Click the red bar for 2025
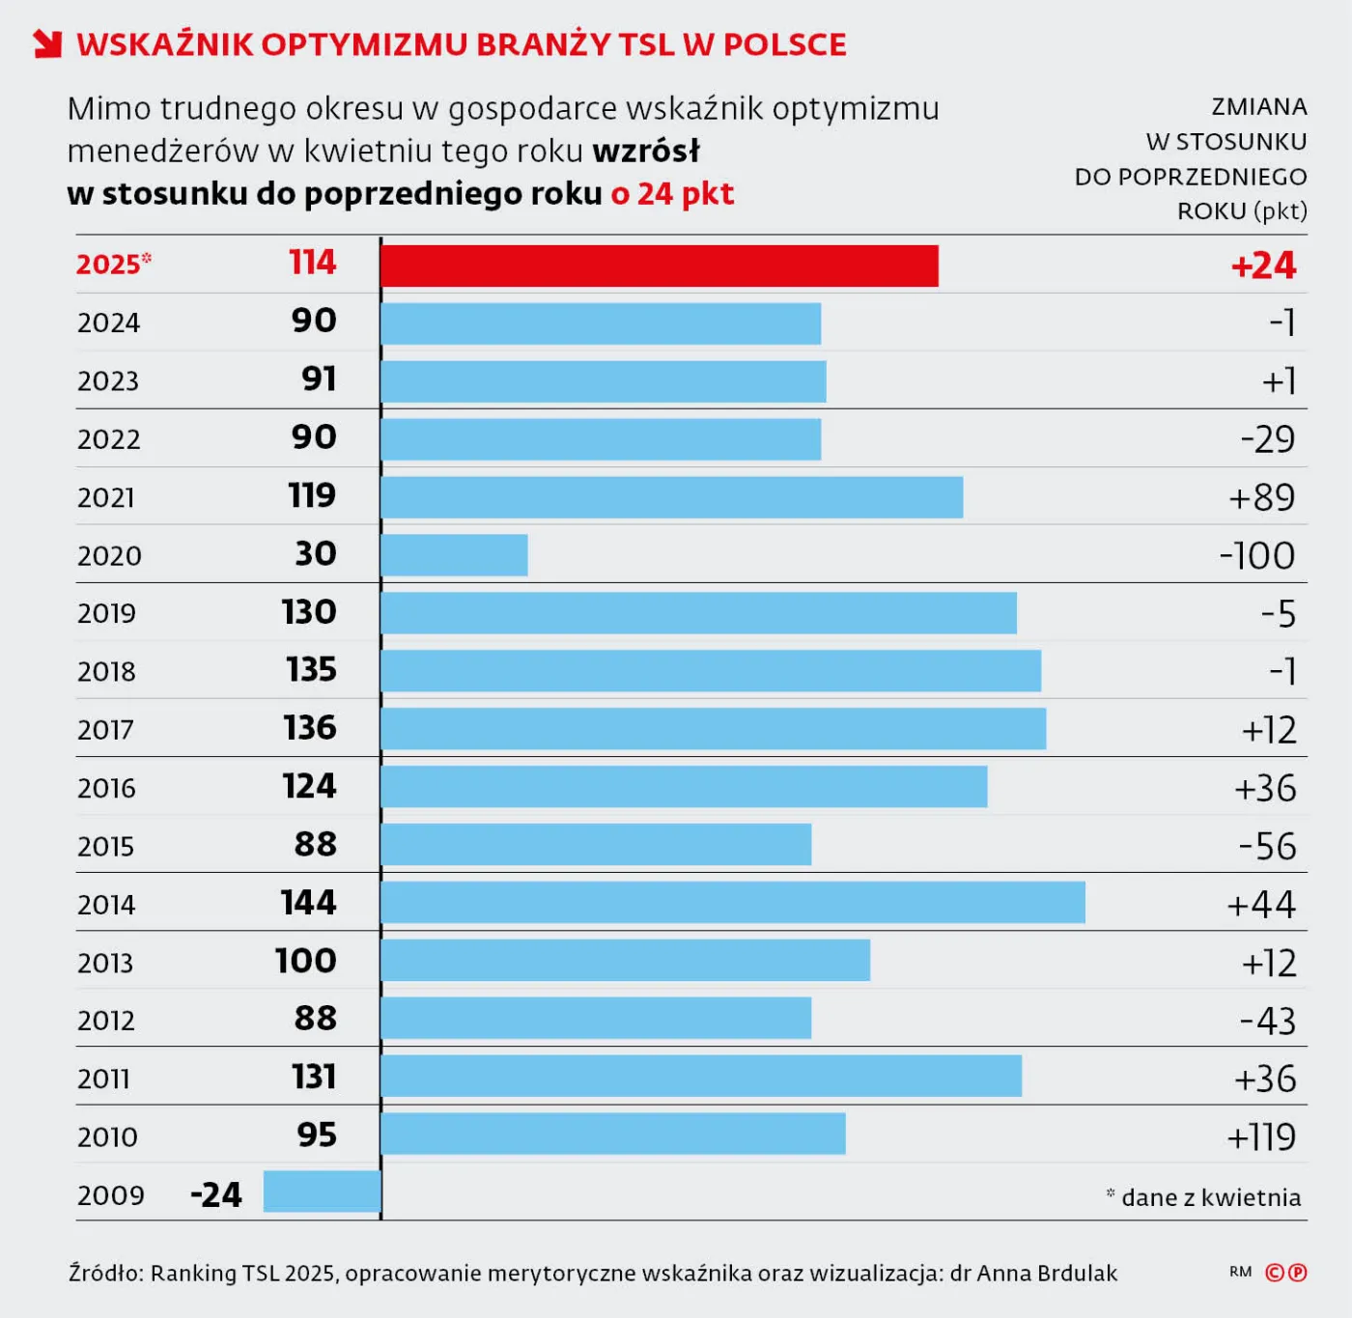pyautogui.click(x=660, y=266)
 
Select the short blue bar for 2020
pyautogui.click(x=454, y=555)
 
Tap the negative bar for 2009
pyautogui.click(x=322, y=1192)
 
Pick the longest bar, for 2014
pyautogui.click(x=733, y=903)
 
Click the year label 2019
pyautogui.click(x=107, y=613)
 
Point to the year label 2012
pyautogui.click(x=106, y=1020)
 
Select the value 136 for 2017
pyautogui.click(x=309, y=728)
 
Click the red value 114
pyautogui.click(x=312, y=263)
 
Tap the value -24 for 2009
pyautogui.click(x=215, y=1194)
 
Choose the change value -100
pyautogui.click(x=1256, y=556)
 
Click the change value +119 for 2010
pyautogui.click(x=1260, y=1136)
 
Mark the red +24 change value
pyautogui.click(x=1263, y=266)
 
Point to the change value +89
pyautogui.click(x=1261, y=497)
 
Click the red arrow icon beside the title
pyautogui.click(x=46, y=44)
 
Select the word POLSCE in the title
pyautogui.click(x=784, y=44)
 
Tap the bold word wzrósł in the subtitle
pyautogui.click(x=646, y=152)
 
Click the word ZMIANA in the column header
pyautogui.click(x=1258, y=106)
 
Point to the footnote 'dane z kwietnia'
pyautogui.click(x=1210, y=1197)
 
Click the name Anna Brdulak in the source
pyautogui.click(x=1047, y=1273)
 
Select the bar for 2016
pyautogui.click(x=684, y=787)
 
